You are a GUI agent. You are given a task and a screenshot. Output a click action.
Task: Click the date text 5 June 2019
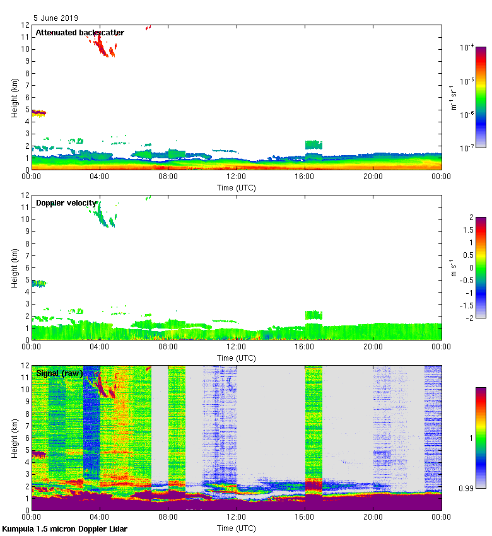56,18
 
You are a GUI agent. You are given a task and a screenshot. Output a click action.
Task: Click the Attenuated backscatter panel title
79,33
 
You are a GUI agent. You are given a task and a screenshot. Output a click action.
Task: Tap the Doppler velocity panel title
66,203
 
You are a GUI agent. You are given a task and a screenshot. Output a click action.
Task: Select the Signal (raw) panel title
59,373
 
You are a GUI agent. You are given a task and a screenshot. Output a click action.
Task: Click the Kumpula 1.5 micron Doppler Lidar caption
65,528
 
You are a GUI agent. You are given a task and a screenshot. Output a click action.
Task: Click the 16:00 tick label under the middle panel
305,347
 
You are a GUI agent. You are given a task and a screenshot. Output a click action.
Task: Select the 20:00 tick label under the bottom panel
373,517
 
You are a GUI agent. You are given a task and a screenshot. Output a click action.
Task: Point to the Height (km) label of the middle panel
15,267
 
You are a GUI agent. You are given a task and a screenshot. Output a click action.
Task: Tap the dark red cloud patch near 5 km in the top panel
39,112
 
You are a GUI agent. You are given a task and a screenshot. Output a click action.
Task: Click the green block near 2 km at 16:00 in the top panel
313,144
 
